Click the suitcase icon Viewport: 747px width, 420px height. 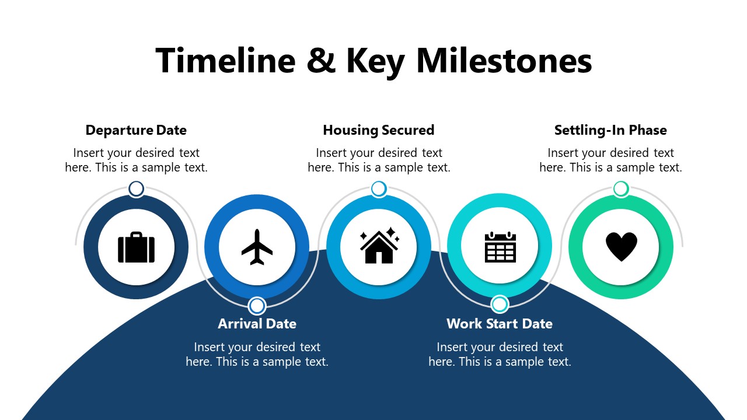pyautogui.click(x=136, y=247)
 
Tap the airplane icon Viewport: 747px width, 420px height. pyautogui.click(x=257, y=247)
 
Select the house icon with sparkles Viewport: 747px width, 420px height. pyautogui.click(x=379, y=247)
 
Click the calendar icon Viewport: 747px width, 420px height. pyautogui.click(x=500, y=247)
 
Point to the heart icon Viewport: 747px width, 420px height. pyautogui.click(x=621, y=247)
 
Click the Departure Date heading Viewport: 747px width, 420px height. pyautogui.click(x=136, y=130)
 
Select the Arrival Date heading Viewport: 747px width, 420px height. pyautogui.click(x=257, y=324)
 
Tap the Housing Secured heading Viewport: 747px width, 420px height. pyautogui.click(x=378, y=130)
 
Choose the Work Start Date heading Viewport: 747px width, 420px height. pyautogui.click(x=500, y=324)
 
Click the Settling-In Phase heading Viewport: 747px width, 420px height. pyautogui.click(x=610, y=130)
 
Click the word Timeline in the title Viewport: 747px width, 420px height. pyautogui.click(x=225, y=61)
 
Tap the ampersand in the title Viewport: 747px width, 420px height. pyautogui.click(x=321, y=61)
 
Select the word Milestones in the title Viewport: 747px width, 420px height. pyautogui.click(x=504, y=61)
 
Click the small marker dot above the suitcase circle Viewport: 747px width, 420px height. pyautogui.click(x=136, y=189)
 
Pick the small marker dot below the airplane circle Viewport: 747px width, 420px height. pyautogui.click(x=257, y=306)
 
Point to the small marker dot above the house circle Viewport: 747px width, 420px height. pyautogui.click(x=379, y=189)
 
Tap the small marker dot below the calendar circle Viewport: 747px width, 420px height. pyautogui.click(x=500, y=304)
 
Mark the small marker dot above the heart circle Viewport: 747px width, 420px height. pyautogui.click(x=621, y=189)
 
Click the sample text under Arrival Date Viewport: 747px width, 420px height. pyautogui.click(x=257, y=354)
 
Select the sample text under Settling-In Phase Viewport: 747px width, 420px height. pyautogui.click(x=610, y=160)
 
